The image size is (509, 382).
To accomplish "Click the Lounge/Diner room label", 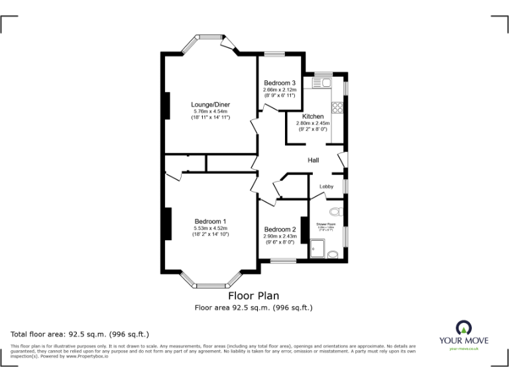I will coord(211,104).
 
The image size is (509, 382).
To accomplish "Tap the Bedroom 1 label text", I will coord(211,222).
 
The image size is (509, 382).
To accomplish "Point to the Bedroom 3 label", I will coord(279,83).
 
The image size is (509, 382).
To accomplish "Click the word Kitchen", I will coord(313,116).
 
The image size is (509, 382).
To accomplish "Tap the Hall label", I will coord(313,160).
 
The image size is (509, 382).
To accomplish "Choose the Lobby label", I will coord(327,187).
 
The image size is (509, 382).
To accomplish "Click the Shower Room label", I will coord(326,224).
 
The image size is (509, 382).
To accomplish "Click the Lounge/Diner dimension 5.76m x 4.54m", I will coord(211,111).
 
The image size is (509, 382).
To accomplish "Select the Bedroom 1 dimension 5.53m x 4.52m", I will coord(211,229).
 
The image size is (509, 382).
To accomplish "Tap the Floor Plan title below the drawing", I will coord(254,296).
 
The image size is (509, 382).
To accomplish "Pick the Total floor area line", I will coord(80,334).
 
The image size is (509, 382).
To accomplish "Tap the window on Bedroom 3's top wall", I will coord(274,54).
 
